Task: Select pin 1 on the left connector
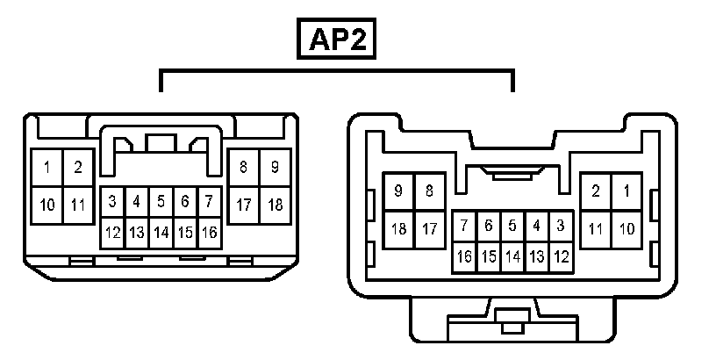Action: tap(47, 167)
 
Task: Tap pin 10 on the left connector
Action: tap(47, 205)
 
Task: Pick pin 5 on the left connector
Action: tap(161, 201)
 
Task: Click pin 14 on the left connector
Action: tap(161, 233)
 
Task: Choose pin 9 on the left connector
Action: tap(275, 166)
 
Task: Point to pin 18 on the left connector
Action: tap(275, 205)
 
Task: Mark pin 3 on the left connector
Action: tap(112, 201)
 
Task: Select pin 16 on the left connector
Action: tap(209, 233)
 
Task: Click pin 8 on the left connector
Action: tap(243, 166)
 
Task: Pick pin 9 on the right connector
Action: tap(399, 191)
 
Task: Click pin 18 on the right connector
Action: tap(399, 229)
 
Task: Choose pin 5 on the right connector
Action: tap(512, 225)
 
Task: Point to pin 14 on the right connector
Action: tap(512, 257)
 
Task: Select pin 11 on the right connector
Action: tap(596, 229)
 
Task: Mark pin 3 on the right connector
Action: tap(561, 225)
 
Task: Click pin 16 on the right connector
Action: tap(464, 257)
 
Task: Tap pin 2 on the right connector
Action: tap(596, 191)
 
